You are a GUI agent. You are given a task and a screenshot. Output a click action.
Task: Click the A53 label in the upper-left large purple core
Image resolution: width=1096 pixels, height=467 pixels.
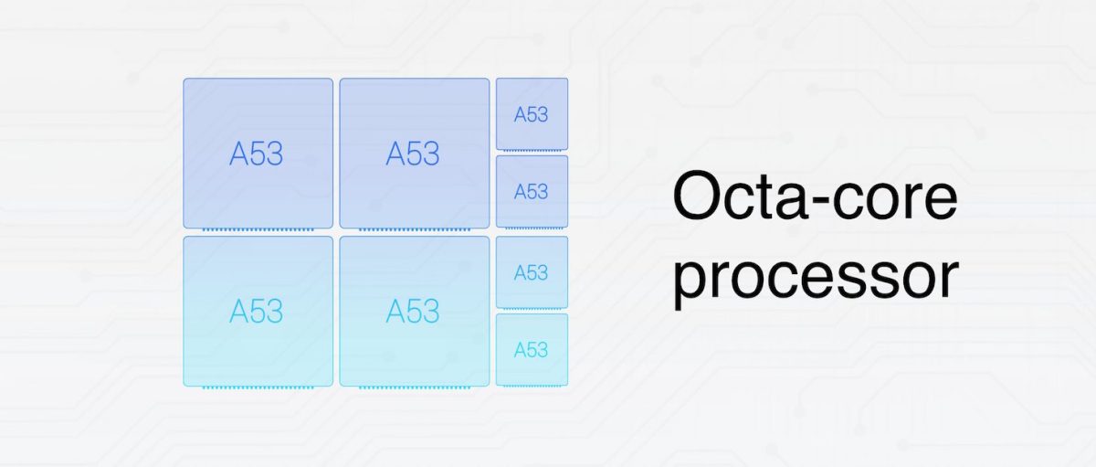click(x=256, y=154)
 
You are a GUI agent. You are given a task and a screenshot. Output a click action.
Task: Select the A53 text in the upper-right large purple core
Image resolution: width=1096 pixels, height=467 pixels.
click(x=413, y=154)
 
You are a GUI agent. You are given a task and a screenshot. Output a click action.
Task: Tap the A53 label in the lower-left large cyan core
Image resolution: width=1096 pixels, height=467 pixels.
click(x=256, y=311)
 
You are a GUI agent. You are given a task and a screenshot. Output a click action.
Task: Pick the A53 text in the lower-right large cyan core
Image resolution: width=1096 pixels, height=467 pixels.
click(x=413, y=311)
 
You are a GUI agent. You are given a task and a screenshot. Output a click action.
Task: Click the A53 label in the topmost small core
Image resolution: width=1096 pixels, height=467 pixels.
click(x=531, y=114)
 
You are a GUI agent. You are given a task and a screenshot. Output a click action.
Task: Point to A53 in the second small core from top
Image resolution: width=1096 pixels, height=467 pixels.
click(x=531, y=192)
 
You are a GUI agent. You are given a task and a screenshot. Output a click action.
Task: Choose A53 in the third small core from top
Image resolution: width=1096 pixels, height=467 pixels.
click(x=531, y=272)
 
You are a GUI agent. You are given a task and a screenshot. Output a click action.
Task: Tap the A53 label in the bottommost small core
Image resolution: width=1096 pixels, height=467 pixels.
click(x=531, y=350)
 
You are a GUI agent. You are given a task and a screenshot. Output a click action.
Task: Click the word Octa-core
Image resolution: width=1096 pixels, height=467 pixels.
click(x=815, y=196)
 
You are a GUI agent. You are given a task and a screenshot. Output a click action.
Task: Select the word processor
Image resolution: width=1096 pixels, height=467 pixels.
click(x=816, y=278)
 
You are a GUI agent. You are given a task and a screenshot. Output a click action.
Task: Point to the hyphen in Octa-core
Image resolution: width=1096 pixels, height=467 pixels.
click(x=822, y=203)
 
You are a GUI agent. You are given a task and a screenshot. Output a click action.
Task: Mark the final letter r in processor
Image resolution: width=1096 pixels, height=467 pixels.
click(x=947, y=277)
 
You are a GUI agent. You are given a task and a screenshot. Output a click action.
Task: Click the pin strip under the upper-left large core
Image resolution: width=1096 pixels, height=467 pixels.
click(x=258, y=229)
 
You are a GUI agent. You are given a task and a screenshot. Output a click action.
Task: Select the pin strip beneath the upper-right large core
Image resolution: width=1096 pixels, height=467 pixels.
click(x=415, y=229)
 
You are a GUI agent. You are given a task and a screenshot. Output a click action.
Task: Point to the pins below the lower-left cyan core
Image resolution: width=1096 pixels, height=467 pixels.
click(x=258, y=387)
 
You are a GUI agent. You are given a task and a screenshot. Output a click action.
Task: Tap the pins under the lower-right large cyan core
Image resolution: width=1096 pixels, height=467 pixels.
click(x=415, y=387)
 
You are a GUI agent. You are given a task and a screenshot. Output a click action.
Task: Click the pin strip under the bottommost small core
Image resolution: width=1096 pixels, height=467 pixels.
click(x=532, y=387)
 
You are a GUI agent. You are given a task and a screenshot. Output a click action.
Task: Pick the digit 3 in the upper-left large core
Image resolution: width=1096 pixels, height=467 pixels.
click(x=273, y=154)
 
